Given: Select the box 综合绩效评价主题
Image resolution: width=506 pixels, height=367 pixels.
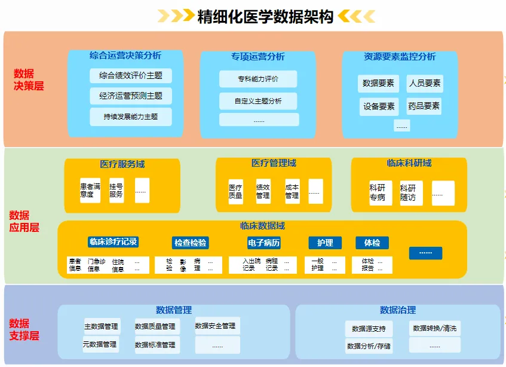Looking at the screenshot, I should pos(131,76).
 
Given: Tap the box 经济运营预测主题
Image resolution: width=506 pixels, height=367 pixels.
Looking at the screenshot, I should pos(131,96).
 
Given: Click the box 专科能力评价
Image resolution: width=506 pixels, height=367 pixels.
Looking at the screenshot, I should pos(258,79).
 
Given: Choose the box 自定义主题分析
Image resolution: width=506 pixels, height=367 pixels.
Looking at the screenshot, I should pos(258,101).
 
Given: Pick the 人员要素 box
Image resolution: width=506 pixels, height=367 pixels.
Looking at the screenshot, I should pos(425,83).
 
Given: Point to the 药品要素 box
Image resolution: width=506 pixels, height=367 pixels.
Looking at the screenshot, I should pos(424,106).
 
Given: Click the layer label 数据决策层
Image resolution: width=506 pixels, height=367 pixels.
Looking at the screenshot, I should pos(29,79).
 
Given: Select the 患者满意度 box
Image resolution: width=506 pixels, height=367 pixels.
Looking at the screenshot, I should pos(90,190).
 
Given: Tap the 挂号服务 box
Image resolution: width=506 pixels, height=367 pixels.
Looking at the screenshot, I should pos(116,190).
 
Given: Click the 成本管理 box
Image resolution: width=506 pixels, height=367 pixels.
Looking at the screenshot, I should pos(292,191).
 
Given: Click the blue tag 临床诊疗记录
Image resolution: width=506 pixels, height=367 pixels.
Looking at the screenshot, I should pos(114,242).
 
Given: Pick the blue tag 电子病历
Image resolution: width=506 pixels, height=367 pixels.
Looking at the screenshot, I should pos(264,243).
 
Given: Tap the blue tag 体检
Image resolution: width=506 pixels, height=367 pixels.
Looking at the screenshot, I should pos(372,243).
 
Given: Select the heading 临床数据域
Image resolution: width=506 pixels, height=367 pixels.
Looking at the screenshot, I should pos(262,226).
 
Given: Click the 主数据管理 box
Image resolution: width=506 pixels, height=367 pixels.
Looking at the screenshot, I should pos(102,326).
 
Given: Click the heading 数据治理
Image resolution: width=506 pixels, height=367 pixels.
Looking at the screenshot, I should pos(397,310).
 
